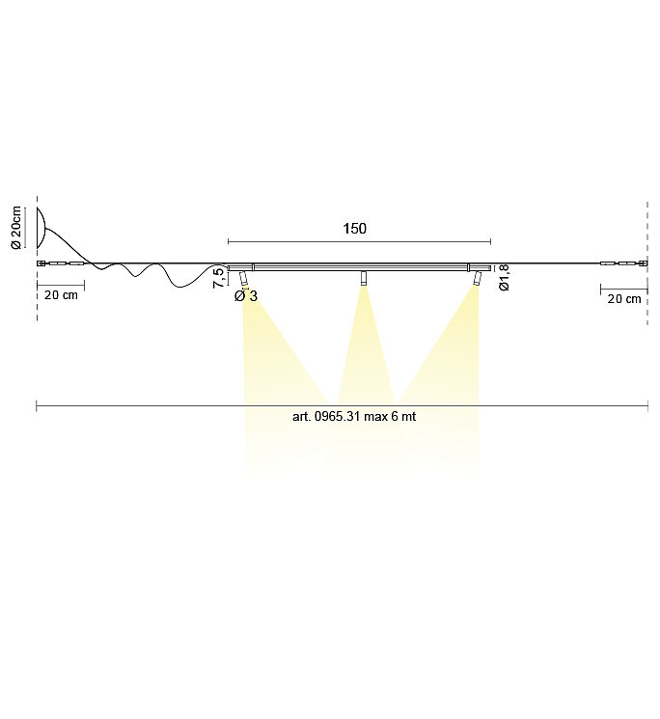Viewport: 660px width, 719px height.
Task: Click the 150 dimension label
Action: tap(355, 229)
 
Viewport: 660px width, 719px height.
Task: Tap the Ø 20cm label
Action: tap(15, 228)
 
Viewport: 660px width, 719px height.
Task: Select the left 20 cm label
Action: tap(61, 295)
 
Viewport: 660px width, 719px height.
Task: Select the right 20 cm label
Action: tap(624, 299)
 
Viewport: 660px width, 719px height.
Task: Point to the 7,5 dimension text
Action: tap(219, 277)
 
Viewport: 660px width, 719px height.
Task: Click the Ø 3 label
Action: tap(246, 296)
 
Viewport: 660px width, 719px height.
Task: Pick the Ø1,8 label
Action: tap(504, 277)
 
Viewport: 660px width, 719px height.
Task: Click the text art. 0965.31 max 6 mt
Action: tap(354, 416)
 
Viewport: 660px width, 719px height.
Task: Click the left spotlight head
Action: tap(243, 278)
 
